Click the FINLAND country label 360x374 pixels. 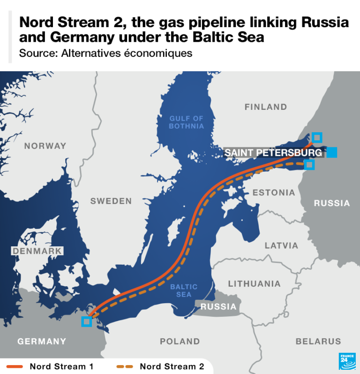point(265,107)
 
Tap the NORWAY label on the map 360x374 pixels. point(45,146)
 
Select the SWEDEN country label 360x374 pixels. point(111,201)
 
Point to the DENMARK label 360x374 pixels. point(37,251)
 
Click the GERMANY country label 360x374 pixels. point(42,341)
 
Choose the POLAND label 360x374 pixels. point(180,341)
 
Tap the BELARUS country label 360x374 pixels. point(318,341)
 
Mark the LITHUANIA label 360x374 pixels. point(254,283)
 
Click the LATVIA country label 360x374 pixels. point(281,245)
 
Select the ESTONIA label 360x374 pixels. point(274,192)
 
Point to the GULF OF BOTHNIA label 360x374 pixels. point(187,122)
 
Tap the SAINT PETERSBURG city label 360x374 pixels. point(273,153)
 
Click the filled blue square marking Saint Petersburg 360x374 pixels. point(332,152)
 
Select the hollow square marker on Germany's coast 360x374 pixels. point(86,321)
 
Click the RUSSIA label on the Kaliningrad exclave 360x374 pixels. point(218,306)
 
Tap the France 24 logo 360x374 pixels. point(347,361)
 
